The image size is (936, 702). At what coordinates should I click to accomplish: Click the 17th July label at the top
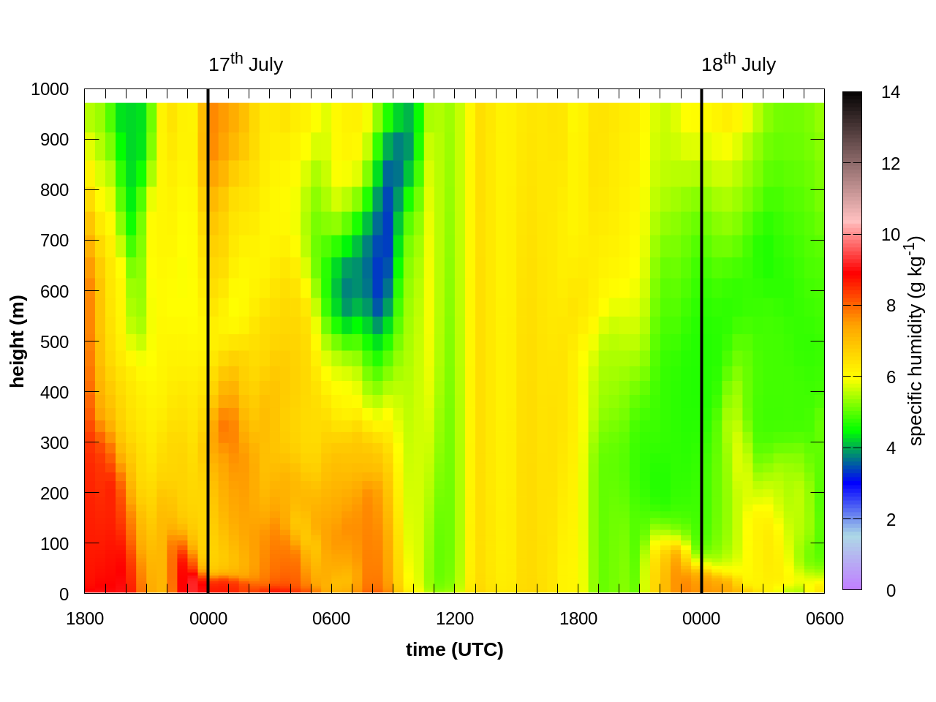click(x=245, y=64)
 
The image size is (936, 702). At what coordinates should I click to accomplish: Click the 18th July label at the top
click(x=738, y=64)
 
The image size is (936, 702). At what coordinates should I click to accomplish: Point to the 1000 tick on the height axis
click(x=50, y=89)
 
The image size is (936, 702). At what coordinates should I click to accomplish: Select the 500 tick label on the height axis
click(x=54, y=341)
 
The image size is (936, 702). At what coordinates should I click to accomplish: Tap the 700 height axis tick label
click(x=54, y=241)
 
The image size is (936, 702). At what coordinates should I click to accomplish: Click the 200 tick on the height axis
click(x=54, y=493)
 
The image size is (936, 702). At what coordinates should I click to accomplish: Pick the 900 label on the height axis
click(x=54, y=140)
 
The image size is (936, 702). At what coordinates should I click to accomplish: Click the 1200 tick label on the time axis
click(x=455, y=619)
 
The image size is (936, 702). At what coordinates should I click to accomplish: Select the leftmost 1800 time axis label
click(x=85, y=619)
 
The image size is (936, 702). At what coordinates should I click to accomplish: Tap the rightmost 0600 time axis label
click(x=825, y=619)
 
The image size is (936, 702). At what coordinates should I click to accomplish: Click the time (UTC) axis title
click(x=455, y=649)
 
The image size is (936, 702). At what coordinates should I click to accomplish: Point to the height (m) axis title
click(x=18, y=341)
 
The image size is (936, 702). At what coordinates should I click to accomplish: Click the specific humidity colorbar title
click(x=916, y=341)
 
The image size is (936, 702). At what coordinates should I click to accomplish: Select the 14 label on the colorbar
click(x=890, y=92)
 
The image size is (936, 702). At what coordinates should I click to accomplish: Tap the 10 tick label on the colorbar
click(x=890, y=235)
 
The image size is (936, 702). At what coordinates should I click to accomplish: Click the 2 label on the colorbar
click(x=891, y=520)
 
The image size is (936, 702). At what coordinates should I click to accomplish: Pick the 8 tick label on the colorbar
click(x=891, y=306)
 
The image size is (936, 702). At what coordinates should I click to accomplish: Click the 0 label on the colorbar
click(x=891, y=591)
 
